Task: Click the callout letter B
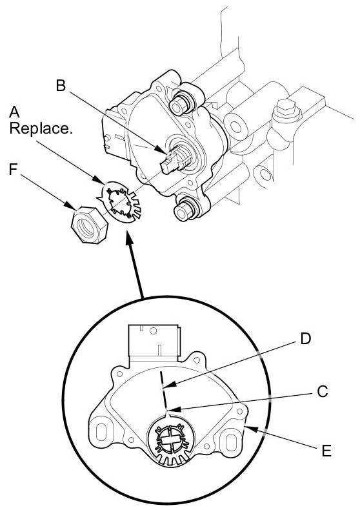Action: [x=61, y=86]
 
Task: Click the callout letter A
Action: [x=14, y=112]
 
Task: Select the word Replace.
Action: [x=41, y=128]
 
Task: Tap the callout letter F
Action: [x=14, y=169]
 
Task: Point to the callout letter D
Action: [x=305, y=338]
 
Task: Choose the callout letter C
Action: [x=323, y=391]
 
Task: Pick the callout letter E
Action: [x=326, y=451]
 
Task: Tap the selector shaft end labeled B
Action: [x=172, y=160]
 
